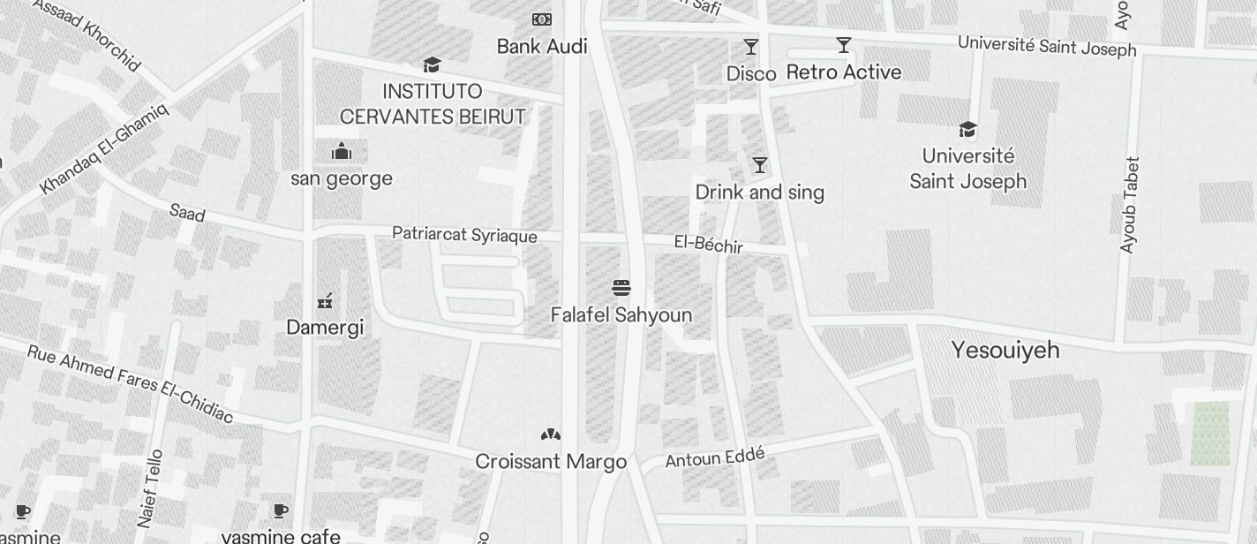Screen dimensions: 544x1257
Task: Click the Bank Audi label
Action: pos(542,46)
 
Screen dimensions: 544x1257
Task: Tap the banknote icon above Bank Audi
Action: pos(541,19)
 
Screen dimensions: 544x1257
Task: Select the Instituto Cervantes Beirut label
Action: pos(433,104)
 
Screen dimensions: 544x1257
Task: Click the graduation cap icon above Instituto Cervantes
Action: pos(432,64)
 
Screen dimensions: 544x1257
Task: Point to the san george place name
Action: pos(342,178)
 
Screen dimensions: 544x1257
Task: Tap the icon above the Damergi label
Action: pos(325,301)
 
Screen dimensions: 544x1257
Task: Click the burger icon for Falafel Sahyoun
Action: pos(621,288)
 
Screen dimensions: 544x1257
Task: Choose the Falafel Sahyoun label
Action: pos(621,315)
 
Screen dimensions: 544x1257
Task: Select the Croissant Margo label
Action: pos(551,462)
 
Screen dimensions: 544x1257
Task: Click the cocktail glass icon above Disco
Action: pos(751,46)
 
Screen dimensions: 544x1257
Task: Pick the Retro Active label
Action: pos(844,72)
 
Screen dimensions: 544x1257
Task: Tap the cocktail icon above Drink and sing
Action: pos(759,165)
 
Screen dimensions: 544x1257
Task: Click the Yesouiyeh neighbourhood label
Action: pos(1005,351)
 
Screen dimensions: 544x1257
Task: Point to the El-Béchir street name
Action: pos(709,245)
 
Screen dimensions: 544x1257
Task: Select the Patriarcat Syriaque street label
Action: pos(464,235)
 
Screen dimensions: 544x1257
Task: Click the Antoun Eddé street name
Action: pos(714,457)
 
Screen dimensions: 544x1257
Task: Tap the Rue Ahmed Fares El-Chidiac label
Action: pos(130,384)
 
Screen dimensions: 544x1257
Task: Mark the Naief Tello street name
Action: pos(150,488)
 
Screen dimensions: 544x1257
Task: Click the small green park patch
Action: pos(1209,434)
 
